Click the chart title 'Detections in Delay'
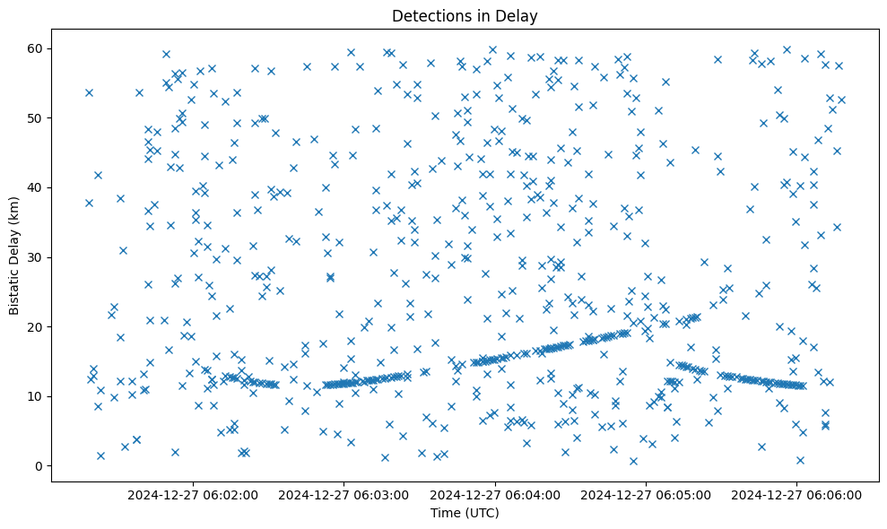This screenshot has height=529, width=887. [465, 16]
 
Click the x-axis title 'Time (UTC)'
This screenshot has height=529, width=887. [465, 513]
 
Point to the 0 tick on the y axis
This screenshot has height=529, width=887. [39, 466]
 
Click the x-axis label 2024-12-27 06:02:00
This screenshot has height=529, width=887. [193, 494]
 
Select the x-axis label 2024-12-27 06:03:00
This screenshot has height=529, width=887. [343, 494]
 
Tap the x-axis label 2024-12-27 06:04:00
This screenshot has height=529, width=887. [495, 494]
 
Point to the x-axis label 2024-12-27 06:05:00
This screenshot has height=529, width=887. [646, 494]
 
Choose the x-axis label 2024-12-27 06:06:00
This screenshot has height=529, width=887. [797, 494]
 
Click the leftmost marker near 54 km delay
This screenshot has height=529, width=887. [89, 92]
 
